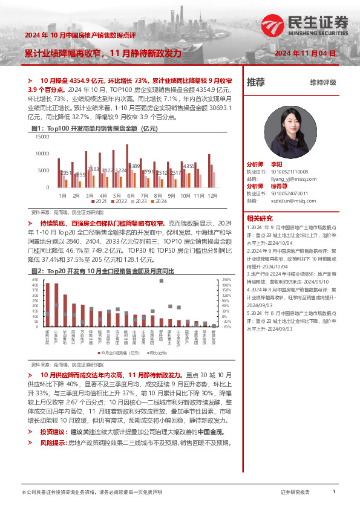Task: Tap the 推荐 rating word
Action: (256, 82)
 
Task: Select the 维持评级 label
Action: (322, 82)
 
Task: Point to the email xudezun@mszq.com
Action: (290, 200)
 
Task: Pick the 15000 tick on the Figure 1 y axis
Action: (42, 137)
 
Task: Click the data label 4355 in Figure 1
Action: (189, 166)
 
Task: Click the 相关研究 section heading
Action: (261, 218)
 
